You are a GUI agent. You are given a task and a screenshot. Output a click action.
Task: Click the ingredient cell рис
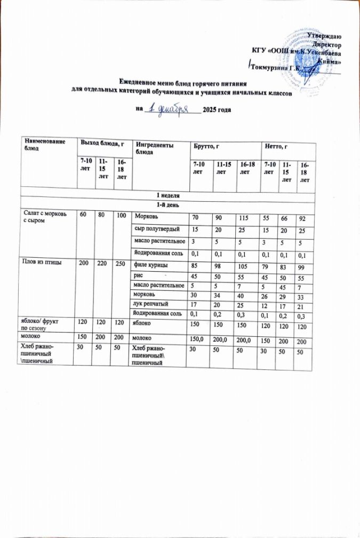pyautogui.click(x=138, y=276)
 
